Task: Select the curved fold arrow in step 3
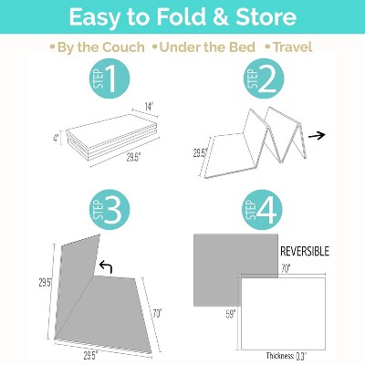tap(105, 267)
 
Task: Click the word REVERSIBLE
tap(305, 250)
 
